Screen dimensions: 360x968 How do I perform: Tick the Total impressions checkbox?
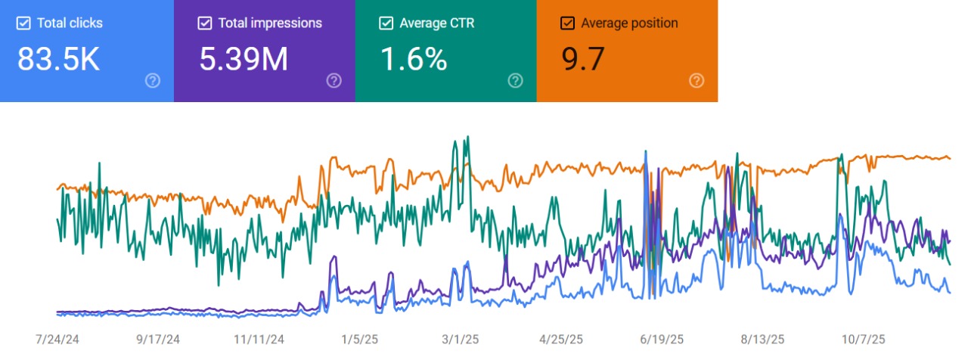pyautogui.click(x=204, y=23)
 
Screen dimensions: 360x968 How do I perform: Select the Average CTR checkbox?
pyautogui.click(x=386, y=23)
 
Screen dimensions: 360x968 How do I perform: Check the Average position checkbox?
pyautogui.click(x=567, y=23)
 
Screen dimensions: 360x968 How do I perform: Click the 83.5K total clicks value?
pyautogui.click(x=58, y=60)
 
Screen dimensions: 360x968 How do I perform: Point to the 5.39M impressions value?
pyautogui.click(x=244, y=60)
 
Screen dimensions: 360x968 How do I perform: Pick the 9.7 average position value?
pyautogui.click(x=583, y=60)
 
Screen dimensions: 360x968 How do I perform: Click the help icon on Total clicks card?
pyautogui.click(x=152, y=81)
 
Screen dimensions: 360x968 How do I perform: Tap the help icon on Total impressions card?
pyautogui.click(x=334, y=81)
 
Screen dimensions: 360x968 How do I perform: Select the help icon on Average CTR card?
pyautogui.click(x=515, y=81)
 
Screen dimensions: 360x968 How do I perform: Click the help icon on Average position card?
pyautogui.click(x=697, y=81)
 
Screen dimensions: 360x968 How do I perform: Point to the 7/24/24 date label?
pyautogui.click(x=57, y=340)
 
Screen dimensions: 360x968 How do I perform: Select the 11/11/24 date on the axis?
pyautogui.click(x=259, y=340)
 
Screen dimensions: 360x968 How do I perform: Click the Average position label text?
pyautogui.click(x=629, y=23)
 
